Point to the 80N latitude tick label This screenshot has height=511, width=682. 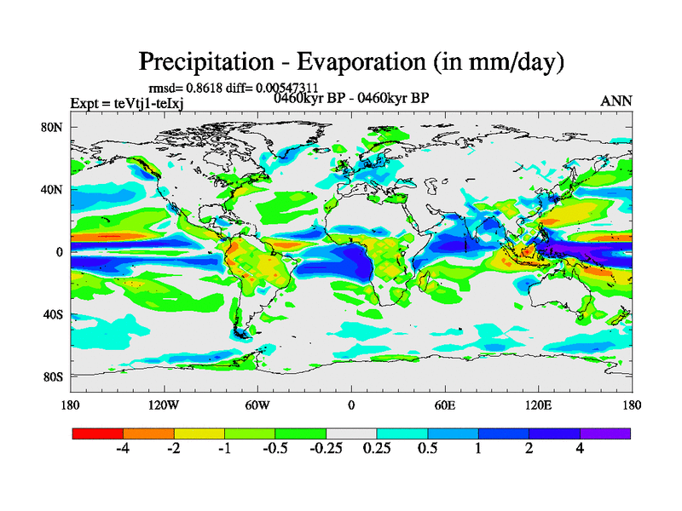53,128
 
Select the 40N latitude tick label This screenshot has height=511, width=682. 53,190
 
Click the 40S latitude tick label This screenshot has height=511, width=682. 53,314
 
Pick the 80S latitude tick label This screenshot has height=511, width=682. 53,376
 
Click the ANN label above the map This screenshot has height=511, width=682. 616,100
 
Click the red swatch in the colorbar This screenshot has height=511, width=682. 98,433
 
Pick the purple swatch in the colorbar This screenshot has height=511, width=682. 605,433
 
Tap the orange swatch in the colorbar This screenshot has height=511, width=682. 148,433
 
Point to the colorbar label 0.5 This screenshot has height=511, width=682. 427,449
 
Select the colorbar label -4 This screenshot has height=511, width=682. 123,449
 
